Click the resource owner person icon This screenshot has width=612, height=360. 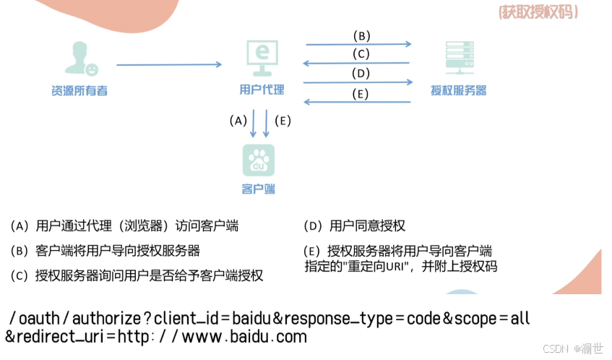click(x=80, y=58)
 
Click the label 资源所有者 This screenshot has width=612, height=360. click(x=79, y=90)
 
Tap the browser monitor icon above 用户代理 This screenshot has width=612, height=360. click(x=262, y=59)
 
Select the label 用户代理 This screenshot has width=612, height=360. click(x=262, y=90)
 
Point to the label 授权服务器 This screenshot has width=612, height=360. click(x=458, y=90)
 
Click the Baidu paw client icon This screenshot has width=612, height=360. click(x=258, y=160)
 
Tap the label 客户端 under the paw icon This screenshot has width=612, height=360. click(x=258, y=189)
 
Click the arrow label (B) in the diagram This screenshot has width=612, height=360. click(x=361, y=35)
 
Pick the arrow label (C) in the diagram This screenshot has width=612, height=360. click(x=361, y=53)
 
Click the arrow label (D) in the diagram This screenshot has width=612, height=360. click(x=361, y=73)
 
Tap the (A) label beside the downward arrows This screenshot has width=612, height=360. click(x=238, y=120)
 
